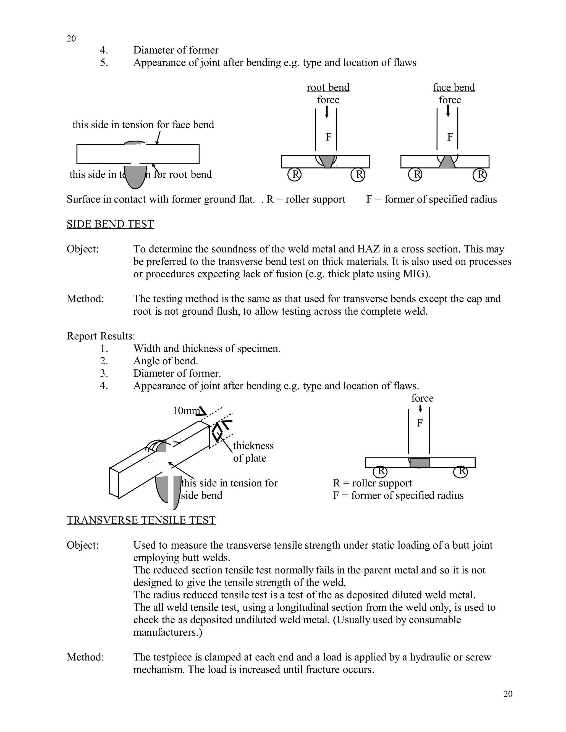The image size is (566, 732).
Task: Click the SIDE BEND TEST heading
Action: (110, 224)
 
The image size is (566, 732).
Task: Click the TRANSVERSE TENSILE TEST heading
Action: (141, 520)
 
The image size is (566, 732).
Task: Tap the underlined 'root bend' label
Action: (328, 88)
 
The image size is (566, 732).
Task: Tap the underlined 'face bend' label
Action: (454, 88)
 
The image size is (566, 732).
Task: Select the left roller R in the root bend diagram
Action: (295, 175)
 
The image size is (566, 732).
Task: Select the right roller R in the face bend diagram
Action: (479, 175)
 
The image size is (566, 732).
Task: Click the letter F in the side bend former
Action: (420, 423)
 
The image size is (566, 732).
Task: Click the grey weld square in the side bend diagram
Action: (420, 462)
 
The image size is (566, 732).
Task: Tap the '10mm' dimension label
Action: (185, 410)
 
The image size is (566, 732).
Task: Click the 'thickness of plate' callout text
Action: (253, 452)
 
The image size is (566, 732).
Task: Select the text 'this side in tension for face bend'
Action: (143, 125)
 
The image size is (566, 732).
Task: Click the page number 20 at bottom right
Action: (508, 694)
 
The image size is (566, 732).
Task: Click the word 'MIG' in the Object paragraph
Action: (415, 274)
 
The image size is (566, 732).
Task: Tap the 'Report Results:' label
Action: (101, 336)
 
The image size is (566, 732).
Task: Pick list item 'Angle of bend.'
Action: (166, 361)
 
